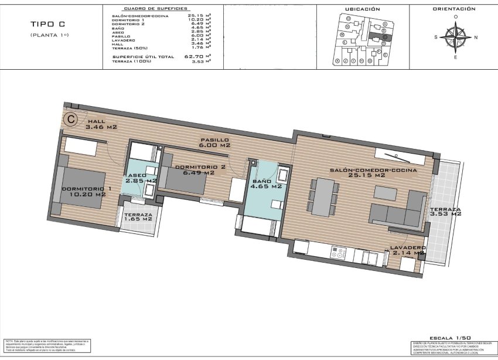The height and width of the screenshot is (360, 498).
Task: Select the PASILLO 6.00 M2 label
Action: click(214, 142)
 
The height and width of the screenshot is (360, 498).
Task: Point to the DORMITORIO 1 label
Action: click(86, 191)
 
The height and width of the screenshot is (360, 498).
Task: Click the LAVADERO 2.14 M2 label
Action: click(407, 250)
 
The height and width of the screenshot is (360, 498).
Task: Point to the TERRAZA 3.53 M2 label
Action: click(445, 212)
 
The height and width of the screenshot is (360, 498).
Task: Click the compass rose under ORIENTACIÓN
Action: click(455, 37)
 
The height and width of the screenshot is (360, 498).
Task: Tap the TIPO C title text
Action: click(47, 24)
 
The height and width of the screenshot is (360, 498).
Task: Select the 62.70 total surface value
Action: click(196, 56)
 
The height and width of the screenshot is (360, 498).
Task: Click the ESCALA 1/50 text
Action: click(450, 338)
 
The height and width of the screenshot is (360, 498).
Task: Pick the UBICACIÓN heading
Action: click(362, 9)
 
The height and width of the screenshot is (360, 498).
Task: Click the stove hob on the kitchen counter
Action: click(339, 253)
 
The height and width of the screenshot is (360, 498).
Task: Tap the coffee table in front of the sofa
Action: click(386, 192)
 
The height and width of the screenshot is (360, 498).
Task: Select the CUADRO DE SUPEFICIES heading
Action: click(159, 9)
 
